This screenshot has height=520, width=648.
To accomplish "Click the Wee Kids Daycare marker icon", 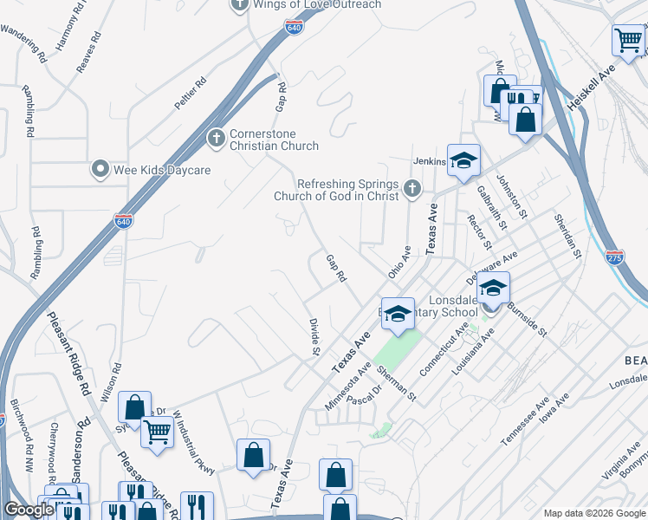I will tap(101, 170).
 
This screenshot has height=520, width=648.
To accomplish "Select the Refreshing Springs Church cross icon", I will tap(412, 187).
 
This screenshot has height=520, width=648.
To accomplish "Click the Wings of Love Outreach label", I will tap(317, 4).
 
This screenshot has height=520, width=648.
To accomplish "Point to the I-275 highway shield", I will tap(614, 258).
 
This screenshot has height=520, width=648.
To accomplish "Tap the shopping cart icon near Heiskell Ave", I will tap(628, 39).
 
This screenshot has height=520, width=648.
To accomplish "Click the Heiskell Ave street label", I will tap(591, 87).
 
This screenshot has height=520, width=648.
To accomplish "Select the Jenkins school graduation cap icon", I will tap(463, 159).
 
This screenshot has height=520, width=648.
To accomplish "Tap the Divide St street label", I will tap(314, 336).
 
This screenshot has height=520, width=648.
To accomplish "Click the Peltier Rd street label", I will tap(191, 94).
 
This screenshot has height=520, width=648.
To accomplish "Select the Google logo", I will tap(30, 510).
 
